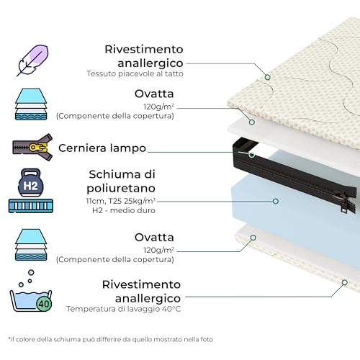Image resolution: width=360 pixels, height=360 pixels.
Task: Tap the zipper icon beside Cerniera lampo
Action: click(x=31, y=148)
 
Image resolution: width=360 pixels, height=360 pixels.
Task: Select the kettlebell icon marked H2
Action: click(x=31, y=184)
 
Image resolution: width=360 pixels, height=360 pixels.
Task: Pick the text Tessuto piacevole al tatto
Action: click(x=135, y=73)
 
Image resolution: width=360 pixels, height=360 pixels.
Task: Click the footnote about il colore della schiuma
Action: click(x=110, y=338)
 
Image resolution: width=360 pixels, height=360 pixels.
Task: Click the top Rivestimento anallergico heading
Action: click(x=144, y=56)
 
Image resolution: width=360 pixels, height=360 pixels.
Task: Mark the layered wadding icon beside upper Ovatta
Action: click(x=31, y=105)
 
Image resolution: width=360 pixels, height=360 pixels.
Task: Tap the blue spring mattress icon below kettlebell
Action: click(x=31, y=206)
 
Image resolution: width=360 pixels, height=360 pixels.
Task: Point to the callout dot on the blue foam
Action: click(x=275, y=201)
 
